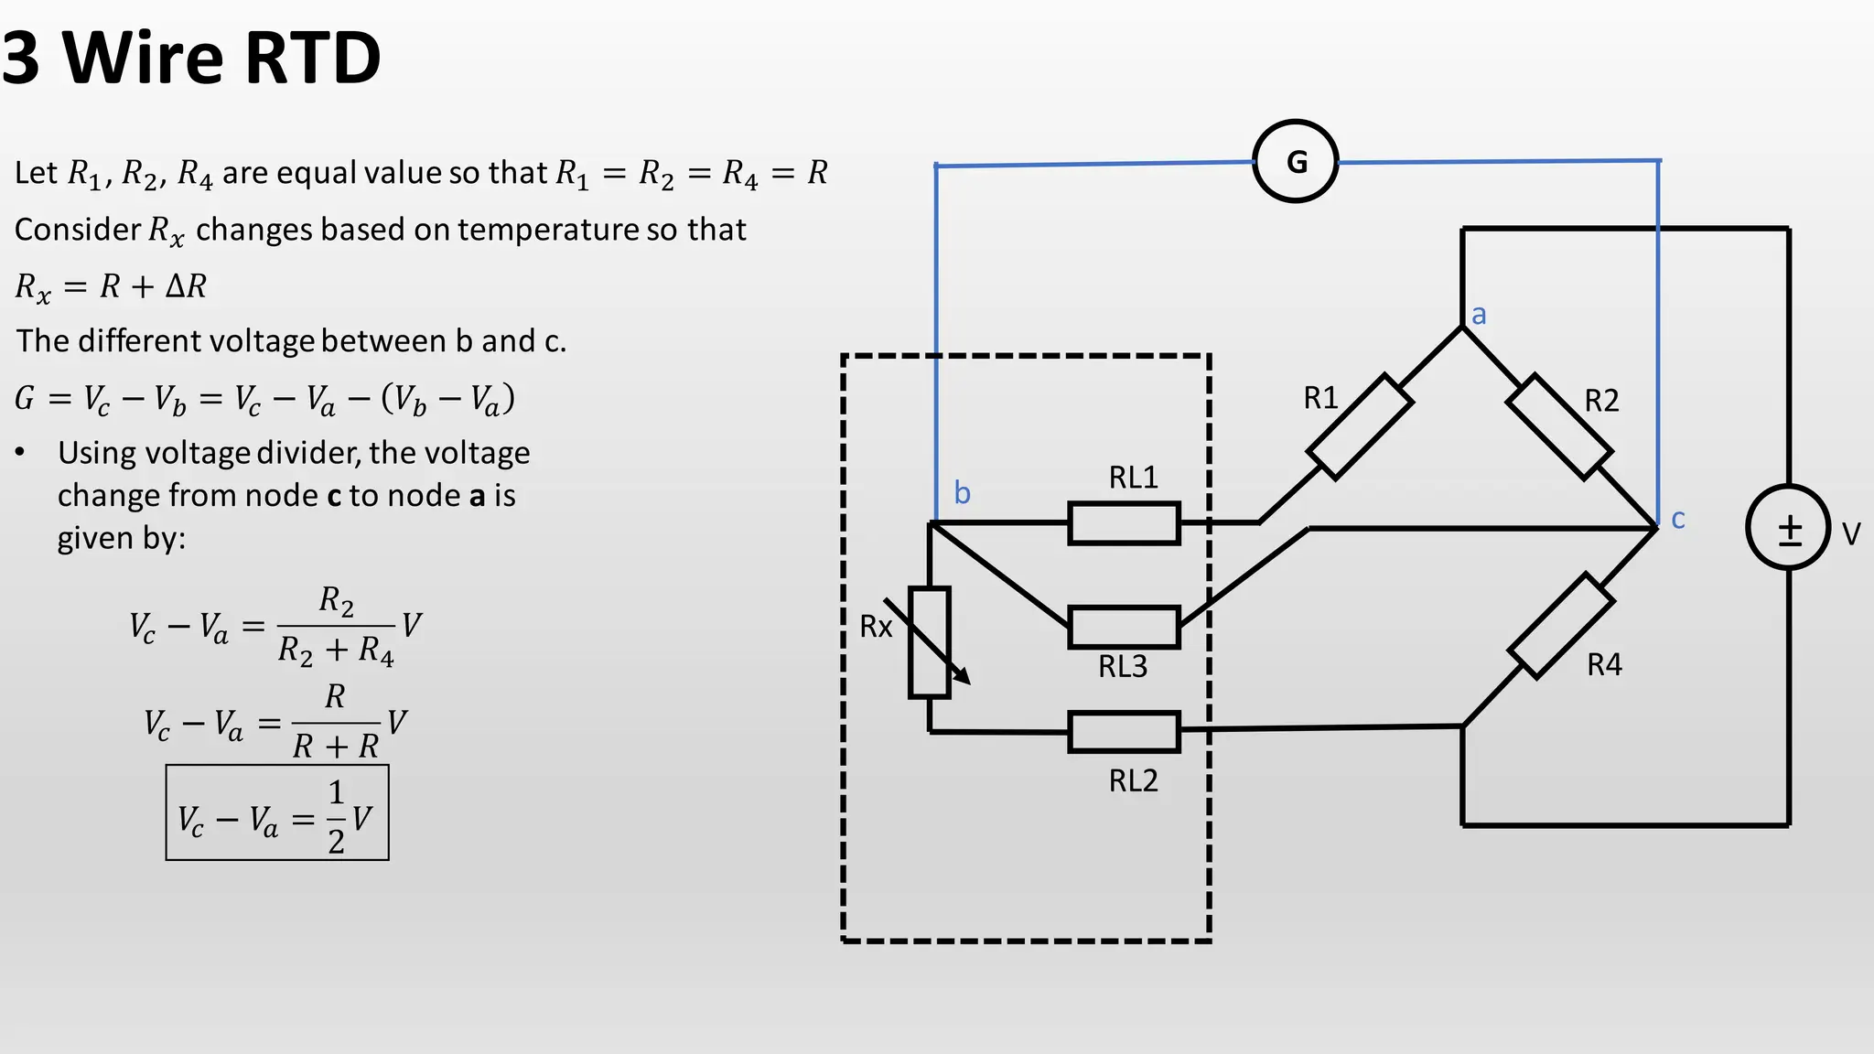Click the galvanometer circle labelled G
pos(1295,161)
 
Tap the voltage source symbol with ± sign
pos(1788,528)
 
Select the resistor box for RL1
pos(1124,523)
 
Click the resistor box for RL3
pos(1124,628)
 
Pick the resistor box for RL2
pos(1124,732)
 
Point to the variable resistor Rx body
pos(929,642)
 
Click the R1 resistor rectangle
pos(1360,426)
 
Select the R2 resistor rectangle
pos(1559,426)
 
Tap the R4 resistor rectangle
pos(1561,626)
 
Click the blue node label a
pos(1479,316)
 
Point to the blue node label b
pos(962,493)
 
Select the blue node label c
pos(1677,520)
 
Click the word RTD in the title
pos(313,59)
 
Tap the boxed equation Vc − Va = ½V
pos(277,813)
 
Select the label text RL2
pos(1133,780)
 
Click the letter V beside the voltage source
pos(1850,534)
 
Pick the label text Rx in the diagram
pos(876,627)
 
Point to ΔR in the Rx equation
pos(186,286)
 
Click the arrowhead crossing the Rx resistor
pos(963,677)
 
